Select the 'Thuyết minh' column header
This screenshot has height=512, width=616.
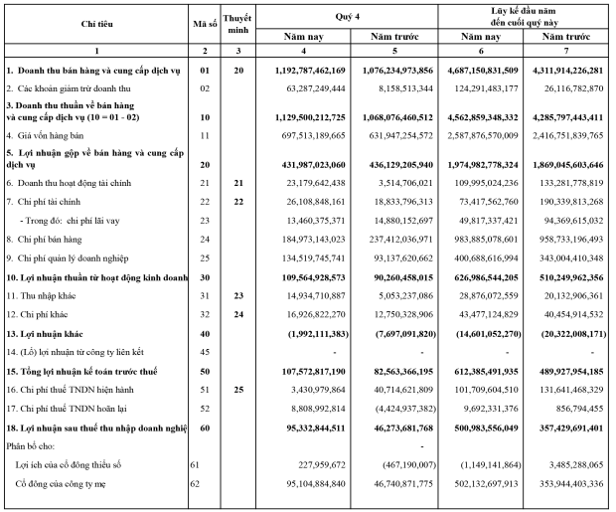click(x=235, y=26)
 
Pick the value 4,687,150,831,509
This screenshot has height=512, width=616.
click(x=488, y=73)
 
